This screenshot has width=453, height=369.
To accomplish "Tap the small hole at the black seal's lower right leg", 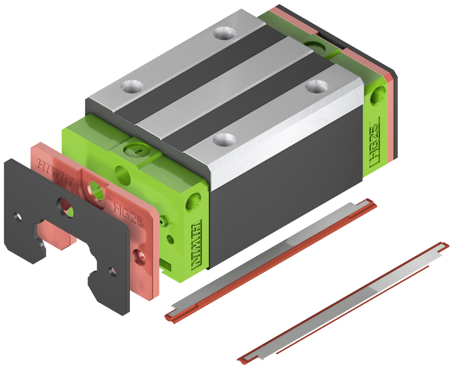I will [112, 271].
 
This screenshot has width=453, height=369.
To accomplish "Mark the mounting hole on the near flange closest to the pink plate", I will [221, 140].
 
